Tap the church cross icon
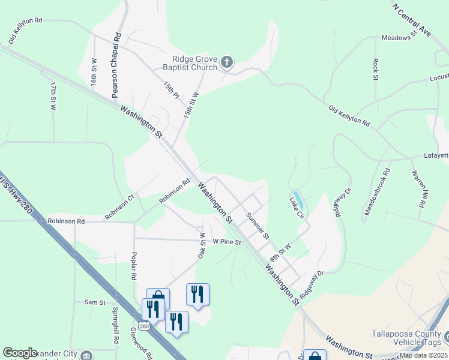pos(227,61)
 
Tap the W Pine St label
pos(226,242)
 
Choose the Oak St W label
pos(202,246)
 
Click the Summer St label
pos(258,224)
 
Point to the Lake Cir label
pos(296,207)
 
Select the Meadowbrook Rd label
pos(377,191)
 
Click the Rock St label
pos(376,69)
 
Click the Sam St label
pos(95,302)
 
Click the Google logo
pos(20,353)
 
